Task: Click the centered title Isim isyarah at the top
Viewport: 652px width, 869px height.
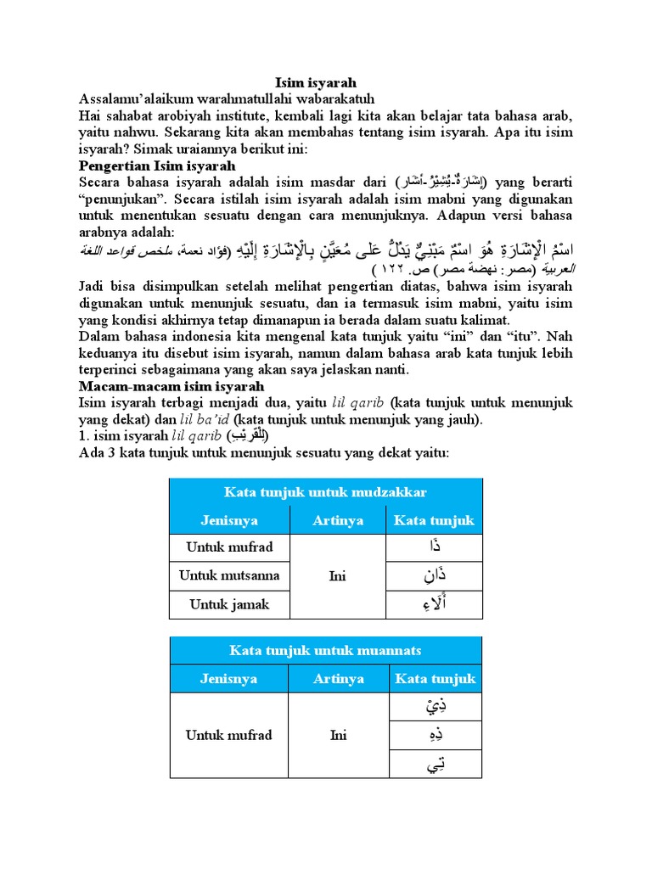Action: point(316,82)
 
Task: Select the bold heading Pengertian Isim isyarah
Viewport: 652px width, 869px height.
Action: point(156,165)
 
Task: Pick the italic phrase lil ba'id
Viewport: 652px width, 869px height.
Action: point(205,419)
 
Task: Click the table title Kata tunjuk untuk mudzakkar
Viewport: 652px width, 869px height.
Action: point(325,492)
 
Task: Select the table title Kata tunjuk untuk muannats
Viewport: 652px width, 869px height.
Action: point(325,650)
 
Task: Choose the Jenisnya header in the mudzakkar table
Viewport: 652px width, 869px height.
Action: point(229,520)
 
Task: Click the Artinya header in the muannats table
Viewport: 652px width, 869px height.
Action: point(338,678)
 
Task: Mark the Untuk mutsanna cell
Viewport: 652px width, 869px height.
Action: point(229,575)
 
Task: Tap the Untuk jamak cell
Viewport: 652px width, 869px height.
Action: point(229,604)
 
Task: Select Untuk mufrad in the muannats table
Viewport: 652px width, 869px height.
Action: point(229,735)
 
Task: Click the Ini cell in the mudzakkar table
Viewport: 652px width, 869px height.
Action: point(338,576)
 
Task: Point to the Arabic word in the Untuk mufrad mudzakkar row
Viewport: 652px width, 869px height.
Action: point(435,547)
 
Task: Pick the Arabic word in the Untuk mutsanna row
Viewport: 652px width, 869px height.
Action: point(435,575)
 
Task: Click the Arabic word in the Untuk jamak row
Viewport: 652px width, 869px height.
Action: point(435,604)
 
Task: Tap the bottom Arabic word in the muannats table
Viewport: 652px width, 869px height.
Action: point(435,764)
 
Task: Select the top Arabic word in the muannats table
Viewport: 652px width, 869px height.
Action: point(435,706)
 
